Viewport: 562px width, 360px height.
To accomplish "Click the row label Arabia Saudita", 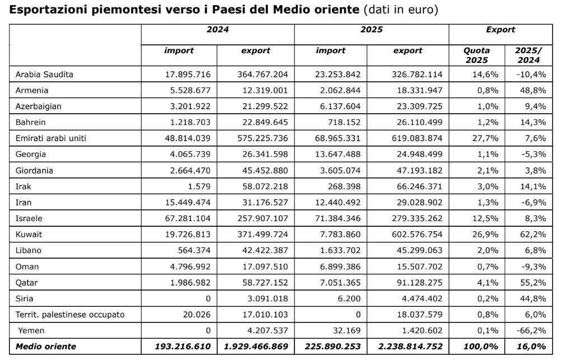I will (45, 74).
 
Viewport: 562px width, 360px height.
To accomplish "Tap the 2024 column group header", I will (218, 30).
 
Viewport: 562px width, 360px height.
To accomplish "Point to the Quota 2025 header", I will (476, 55).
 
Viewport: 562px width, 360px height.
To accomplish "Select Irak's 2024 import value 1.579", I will (200, 186).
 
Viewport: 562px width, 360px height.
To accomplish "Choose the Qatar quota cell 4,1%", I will (480, 283).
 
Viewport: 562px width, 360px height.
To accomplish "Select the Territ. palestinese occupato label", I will (70, 315).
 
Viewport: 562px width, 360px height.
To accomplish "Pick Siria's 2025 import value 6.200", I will (349, 299).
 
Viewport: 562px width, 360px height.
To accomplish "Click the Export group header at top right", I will (501, 30).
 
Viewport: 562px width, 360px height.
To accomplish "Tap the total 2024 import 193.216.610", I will (183, 347).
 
